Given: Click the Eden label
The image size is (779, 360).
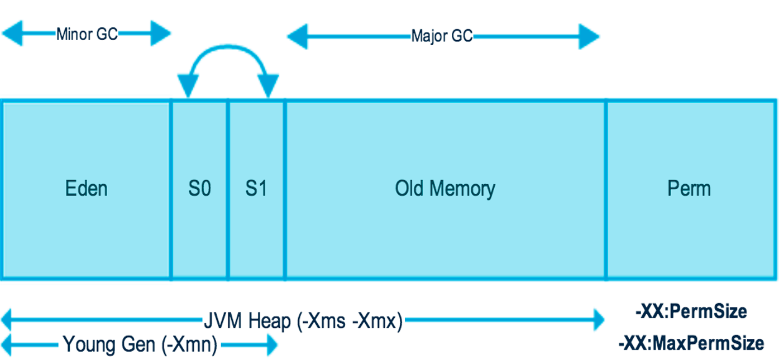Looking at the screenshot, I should coord(87,189).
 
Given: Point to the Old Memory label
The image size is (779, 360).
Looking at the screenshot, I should coord(445,189).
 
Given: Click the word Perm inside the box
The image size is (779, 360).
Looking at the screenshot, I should coord(689,189).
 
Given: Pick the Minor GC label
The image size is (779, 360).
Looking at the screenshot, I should coord(87,34).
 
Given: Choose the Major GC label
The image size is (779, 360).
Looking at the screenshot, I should coord(442,37).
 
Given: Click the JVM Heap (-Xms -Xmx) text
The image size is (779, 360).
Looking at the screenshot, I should coord(302,321).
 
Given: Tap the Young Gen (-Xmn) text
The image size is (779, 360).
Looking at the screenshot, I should coord(140,345).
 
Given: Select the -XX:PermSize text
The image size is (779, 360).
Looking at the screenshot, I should coord(691,311).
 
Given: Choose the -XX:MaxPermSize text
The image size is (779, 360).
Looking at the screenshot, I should coord(691,343).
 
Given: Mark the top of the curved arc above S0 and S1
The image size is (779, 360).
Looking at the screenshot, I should coord(228,49).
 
